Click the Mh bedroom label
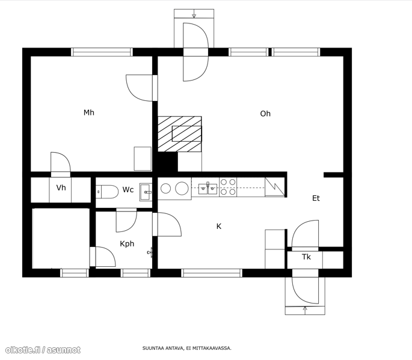tap(89, 112)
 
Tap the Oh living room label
tap(265, 114)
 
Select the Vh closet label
tap(61, 188)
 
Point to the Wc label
tap(128, 189)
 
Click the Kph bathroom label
tap(127, 244)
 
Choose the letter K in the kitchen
tap(218, 227)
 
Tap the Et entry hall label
tap(316, 198)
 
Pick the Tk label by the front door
tap(306, 257)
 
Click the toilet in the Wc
tap(107, 192)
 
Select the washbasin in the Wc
tap(146, 192)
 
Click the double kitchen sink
tap(208, 189)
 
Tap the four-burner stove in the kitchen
tap(228, 187)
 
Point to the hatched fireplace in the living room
tap(180, 134)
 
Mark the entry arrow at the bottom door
tap(305, 310)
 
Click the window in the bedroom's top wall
tap(102, 52)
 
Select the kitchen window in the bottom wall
tap(212, 273)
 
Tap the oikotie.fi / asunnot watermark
tap(43, 350)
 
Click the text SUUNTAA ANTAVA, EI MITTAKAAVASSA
tap(187, 349)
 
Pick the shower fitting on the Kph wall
tap(150, 252)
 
